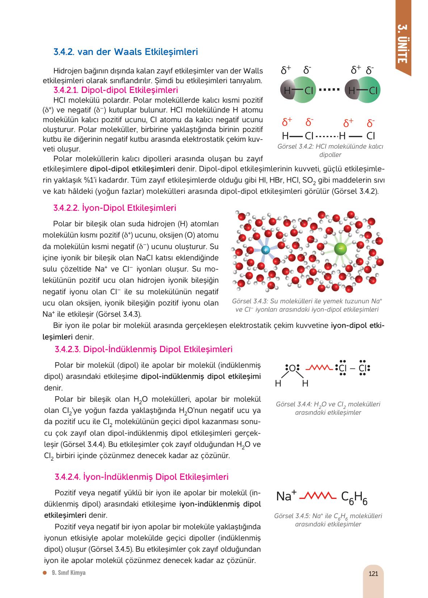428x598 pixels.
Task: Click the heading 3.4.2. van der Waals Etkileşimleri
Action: pyautogui.click(x=125, y=52)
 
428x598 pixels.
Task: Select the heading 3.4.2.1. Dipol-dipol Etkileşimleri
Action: pyautogui.click(x=115, y=90)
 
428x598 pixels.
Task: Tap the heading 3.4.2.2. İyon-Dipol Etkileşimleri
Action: pyautogui.click(x=114, y=208)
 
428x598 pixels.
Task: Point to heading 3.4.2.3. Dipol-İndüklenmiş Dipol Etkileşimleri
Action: pyautogui.click(x=143, y=349)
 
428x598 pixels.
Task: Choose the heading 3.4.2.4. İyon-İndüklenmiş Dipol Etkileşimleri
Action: pyautogui.click(x=142, y=477)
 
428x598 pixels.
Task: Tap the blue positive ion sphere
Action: pyautogui.click(x=265, y=250)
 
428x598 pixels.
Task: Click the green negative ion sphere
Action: pyautogui.click(x=341, y=248)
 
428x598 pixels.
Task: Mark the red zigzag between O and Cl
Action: pyautogui.click(x=319, y=368)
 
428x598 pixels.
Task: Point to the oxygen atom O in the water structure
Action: pyautogui.click(x=292, y=368)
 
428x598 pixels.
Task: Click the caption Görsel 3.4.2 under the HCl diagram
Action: pyautogui.click(x=330, y=150)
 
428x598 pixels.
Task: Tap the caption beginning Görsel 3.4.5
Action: pyautogui.click(x=328, y=520)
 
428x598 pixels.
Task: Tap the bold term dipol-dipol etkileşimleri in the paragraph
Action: pyautogui.click(x=132, y=169)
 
